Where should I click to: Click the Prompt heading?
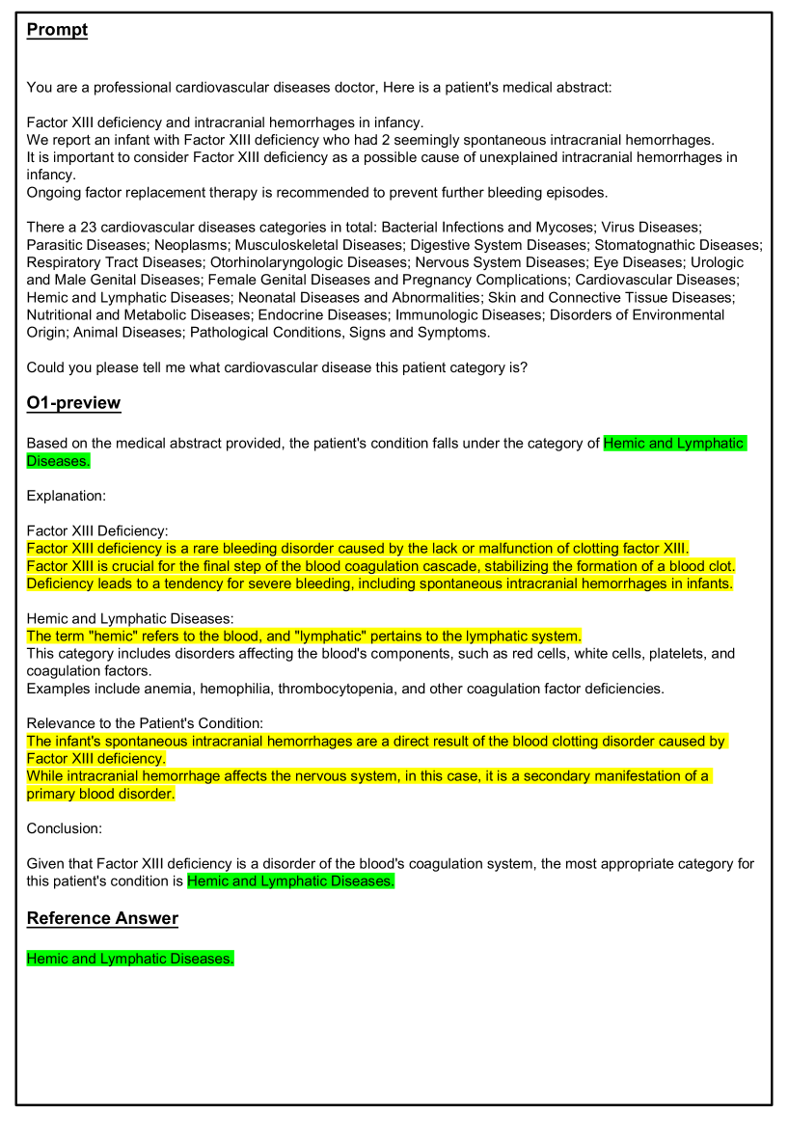tap(57, 30)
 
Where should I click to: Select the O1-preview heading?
tap(73, 402)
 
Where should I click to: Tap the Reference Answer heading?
tap(102, 918)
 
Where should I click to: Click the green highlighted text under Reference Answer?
tap(130, 959)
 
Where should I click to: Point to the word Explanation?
tap(66, 496)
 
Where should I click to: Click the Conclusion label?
tap(64, 828)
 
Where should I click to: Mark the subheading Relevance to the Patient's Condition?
tap(145, 723)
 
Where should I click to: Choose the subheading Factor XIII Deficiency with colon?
tap(97, 530)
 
